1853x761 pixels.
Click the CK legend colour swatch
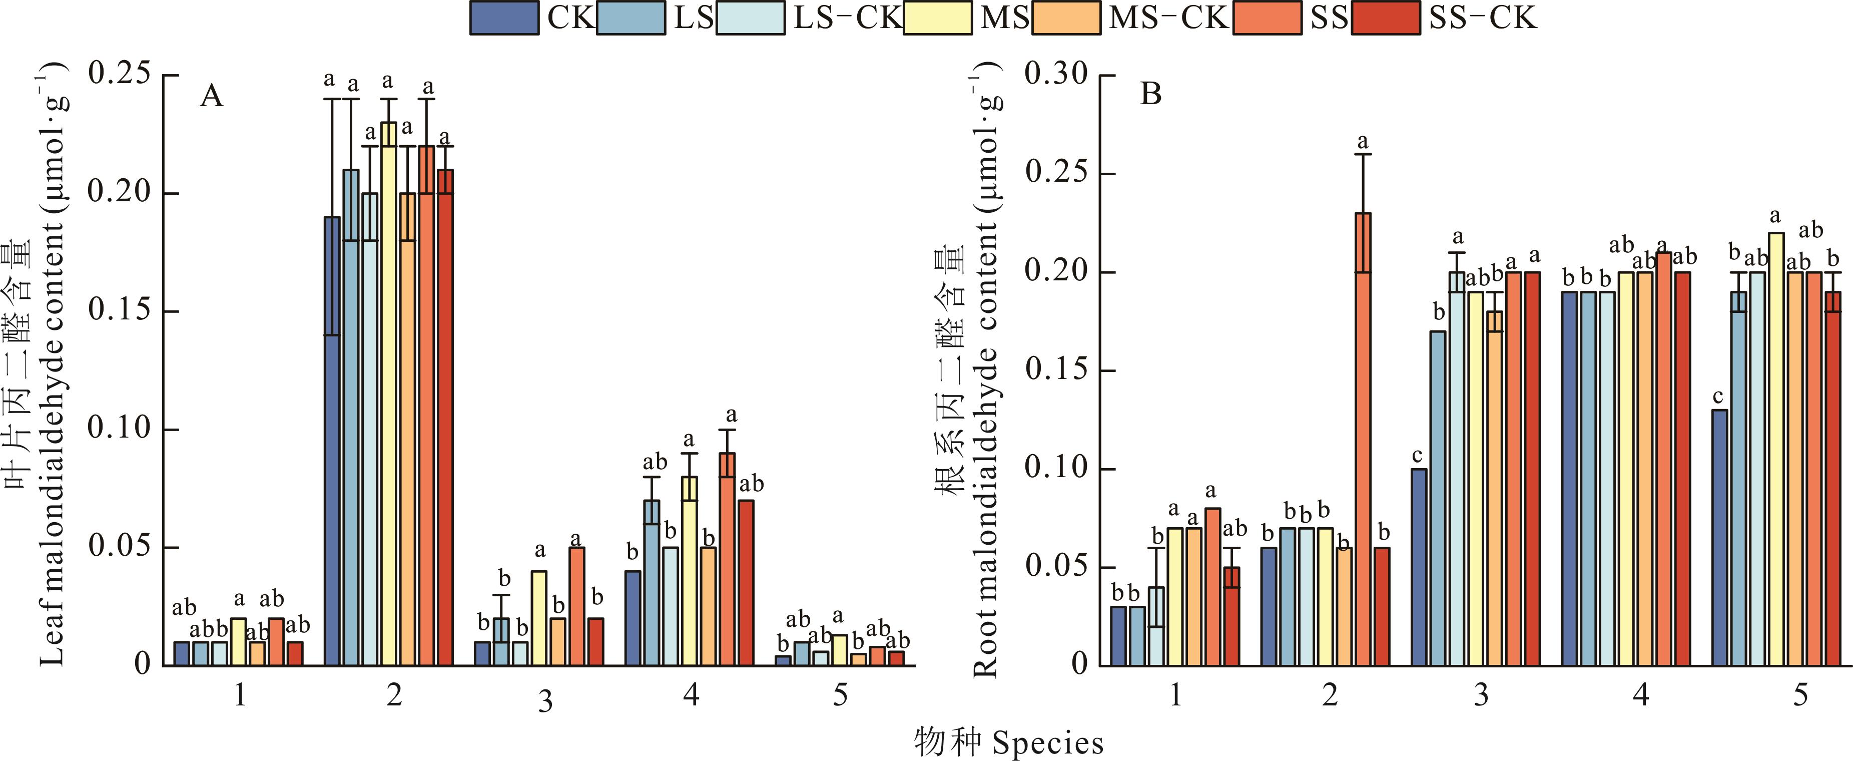(x=504, y=18)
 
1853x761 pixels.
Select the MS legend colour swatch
(x=938, y=18)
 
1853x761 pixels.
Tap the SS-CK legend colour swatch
(x=1386, y=18)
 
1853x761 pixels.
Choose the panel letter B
(x=1151, y=94)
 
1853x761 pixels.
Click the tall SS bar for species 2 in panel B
(x=1363, y=439)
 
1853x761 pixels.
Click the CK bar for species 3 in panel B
(x=1419, y=567)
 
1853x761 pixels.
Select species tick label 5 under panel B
(x=1800, y=695)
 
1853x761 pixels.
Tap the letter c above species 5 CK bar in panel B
(x=1718, y=397)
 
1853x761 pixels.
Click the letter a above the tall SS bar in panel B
(x=1363, y=142)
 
